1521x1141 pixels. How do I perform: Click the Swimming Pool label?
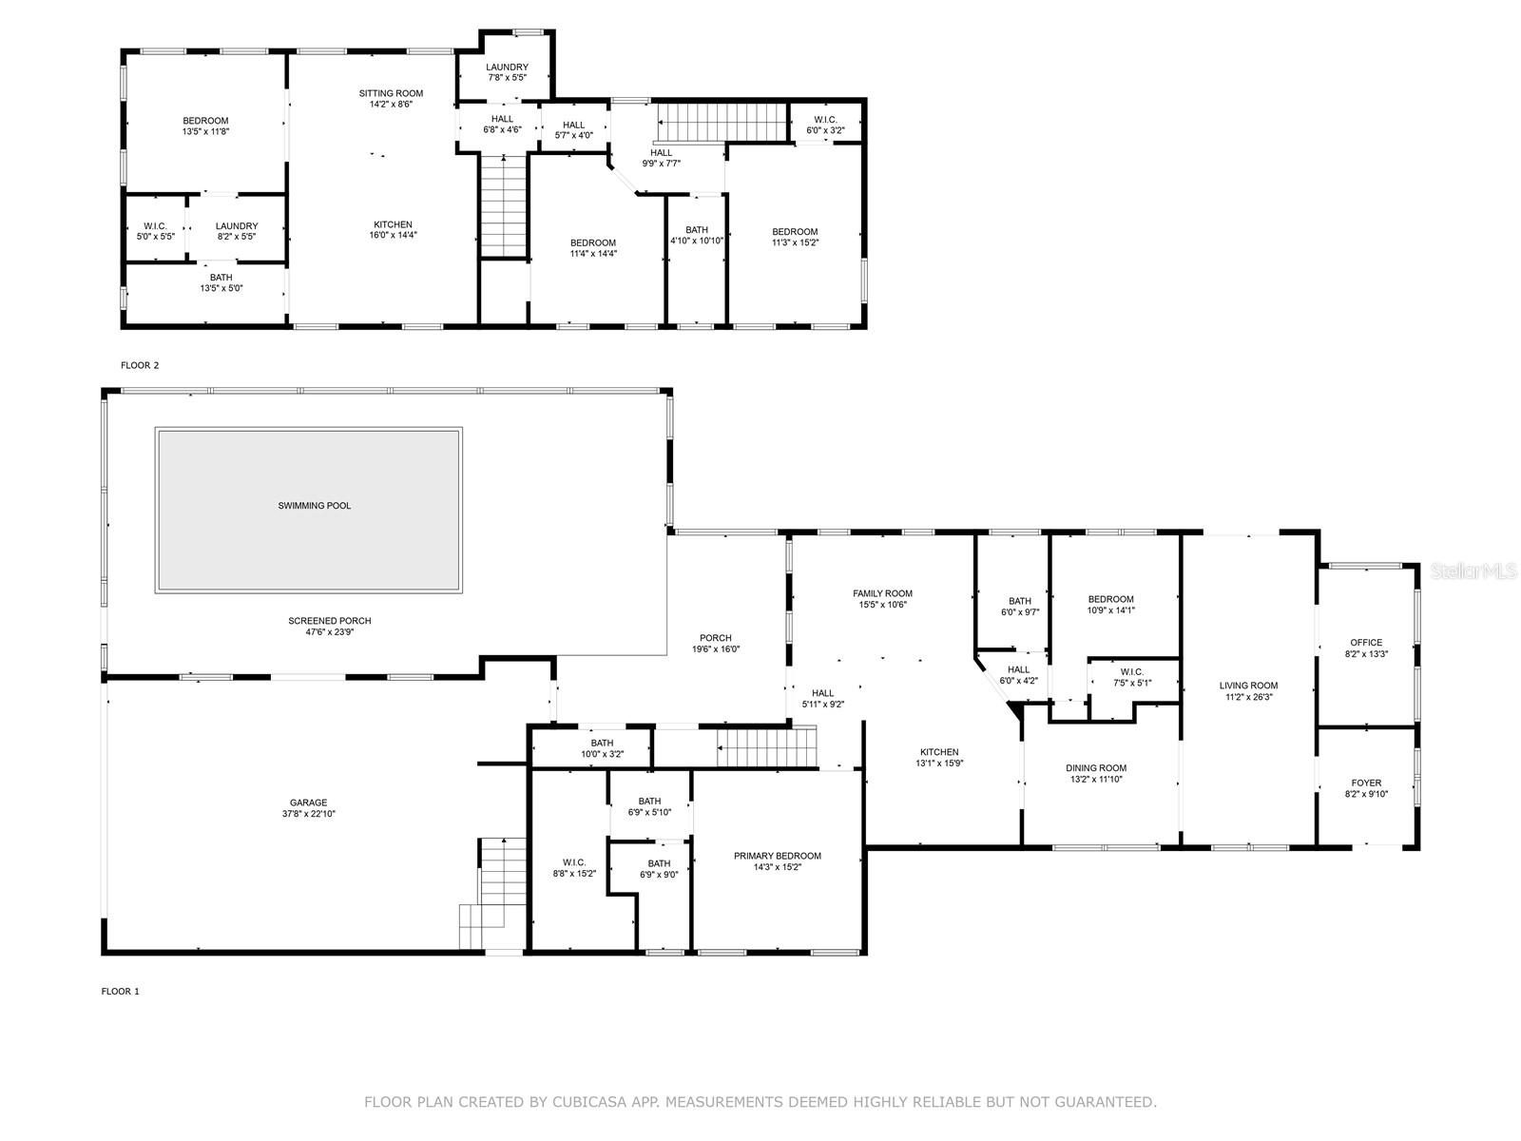point(314,506)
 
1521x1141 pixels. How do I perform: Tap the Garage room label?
point(308,803)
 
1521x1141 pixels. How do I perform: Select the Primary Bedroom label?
point(778,856)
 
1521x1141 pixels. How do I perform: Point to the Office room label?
point(1366,642)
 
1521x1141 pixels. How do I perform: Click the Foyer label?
point(1366,783)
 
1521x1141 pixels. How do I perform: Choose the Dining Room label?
point(1095,767)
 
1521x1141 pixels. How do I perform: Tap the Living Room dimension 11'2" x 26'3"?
point(1248,697)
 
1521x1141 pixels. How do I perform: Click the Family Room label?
point(882,593)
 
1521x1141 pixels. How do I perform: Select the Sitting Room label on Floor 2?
point(391,93)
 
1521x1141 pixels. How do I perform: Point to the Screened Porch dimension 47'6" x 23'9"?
point(330,631)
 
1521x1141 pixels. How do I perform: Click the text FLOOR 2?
point(140,365)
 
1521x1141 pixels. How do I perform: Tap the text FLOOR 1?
point(121,992)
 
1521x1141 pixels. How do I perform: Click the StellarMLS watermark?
point(1473,570)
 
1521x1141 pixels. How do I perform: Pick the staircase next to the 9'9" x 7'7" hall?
point(723,123)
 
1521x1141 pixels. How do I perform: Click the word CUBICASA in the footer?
point(583,1102)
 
